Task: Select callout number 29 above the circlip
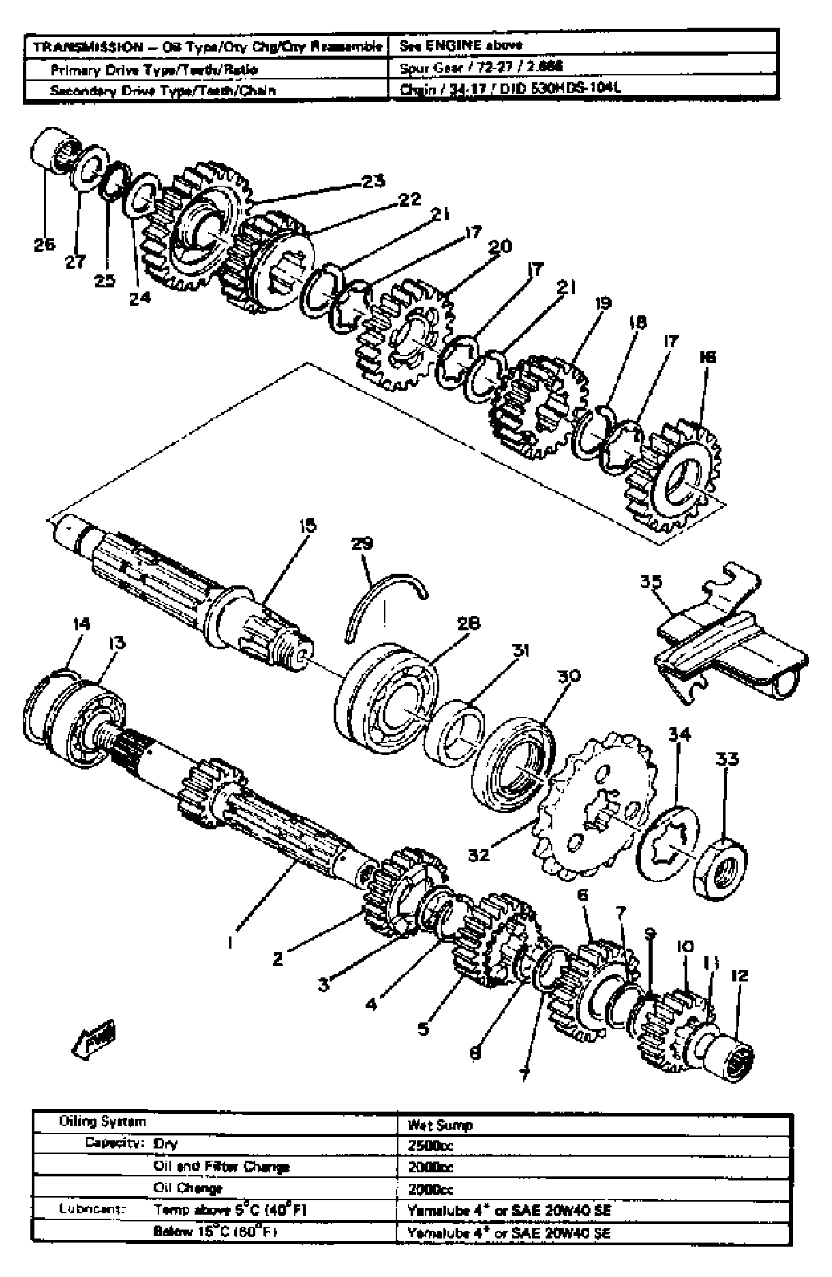[362, 543]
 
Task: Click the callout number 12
[739, 975]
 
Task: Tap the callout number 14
[82, 624]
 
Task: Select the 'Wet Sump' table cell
[440, 1125]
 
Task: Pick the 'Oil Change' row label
[187, 1188]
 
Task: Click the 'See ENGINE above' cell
[461, 46]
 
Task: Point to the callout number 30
[569, 675]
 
